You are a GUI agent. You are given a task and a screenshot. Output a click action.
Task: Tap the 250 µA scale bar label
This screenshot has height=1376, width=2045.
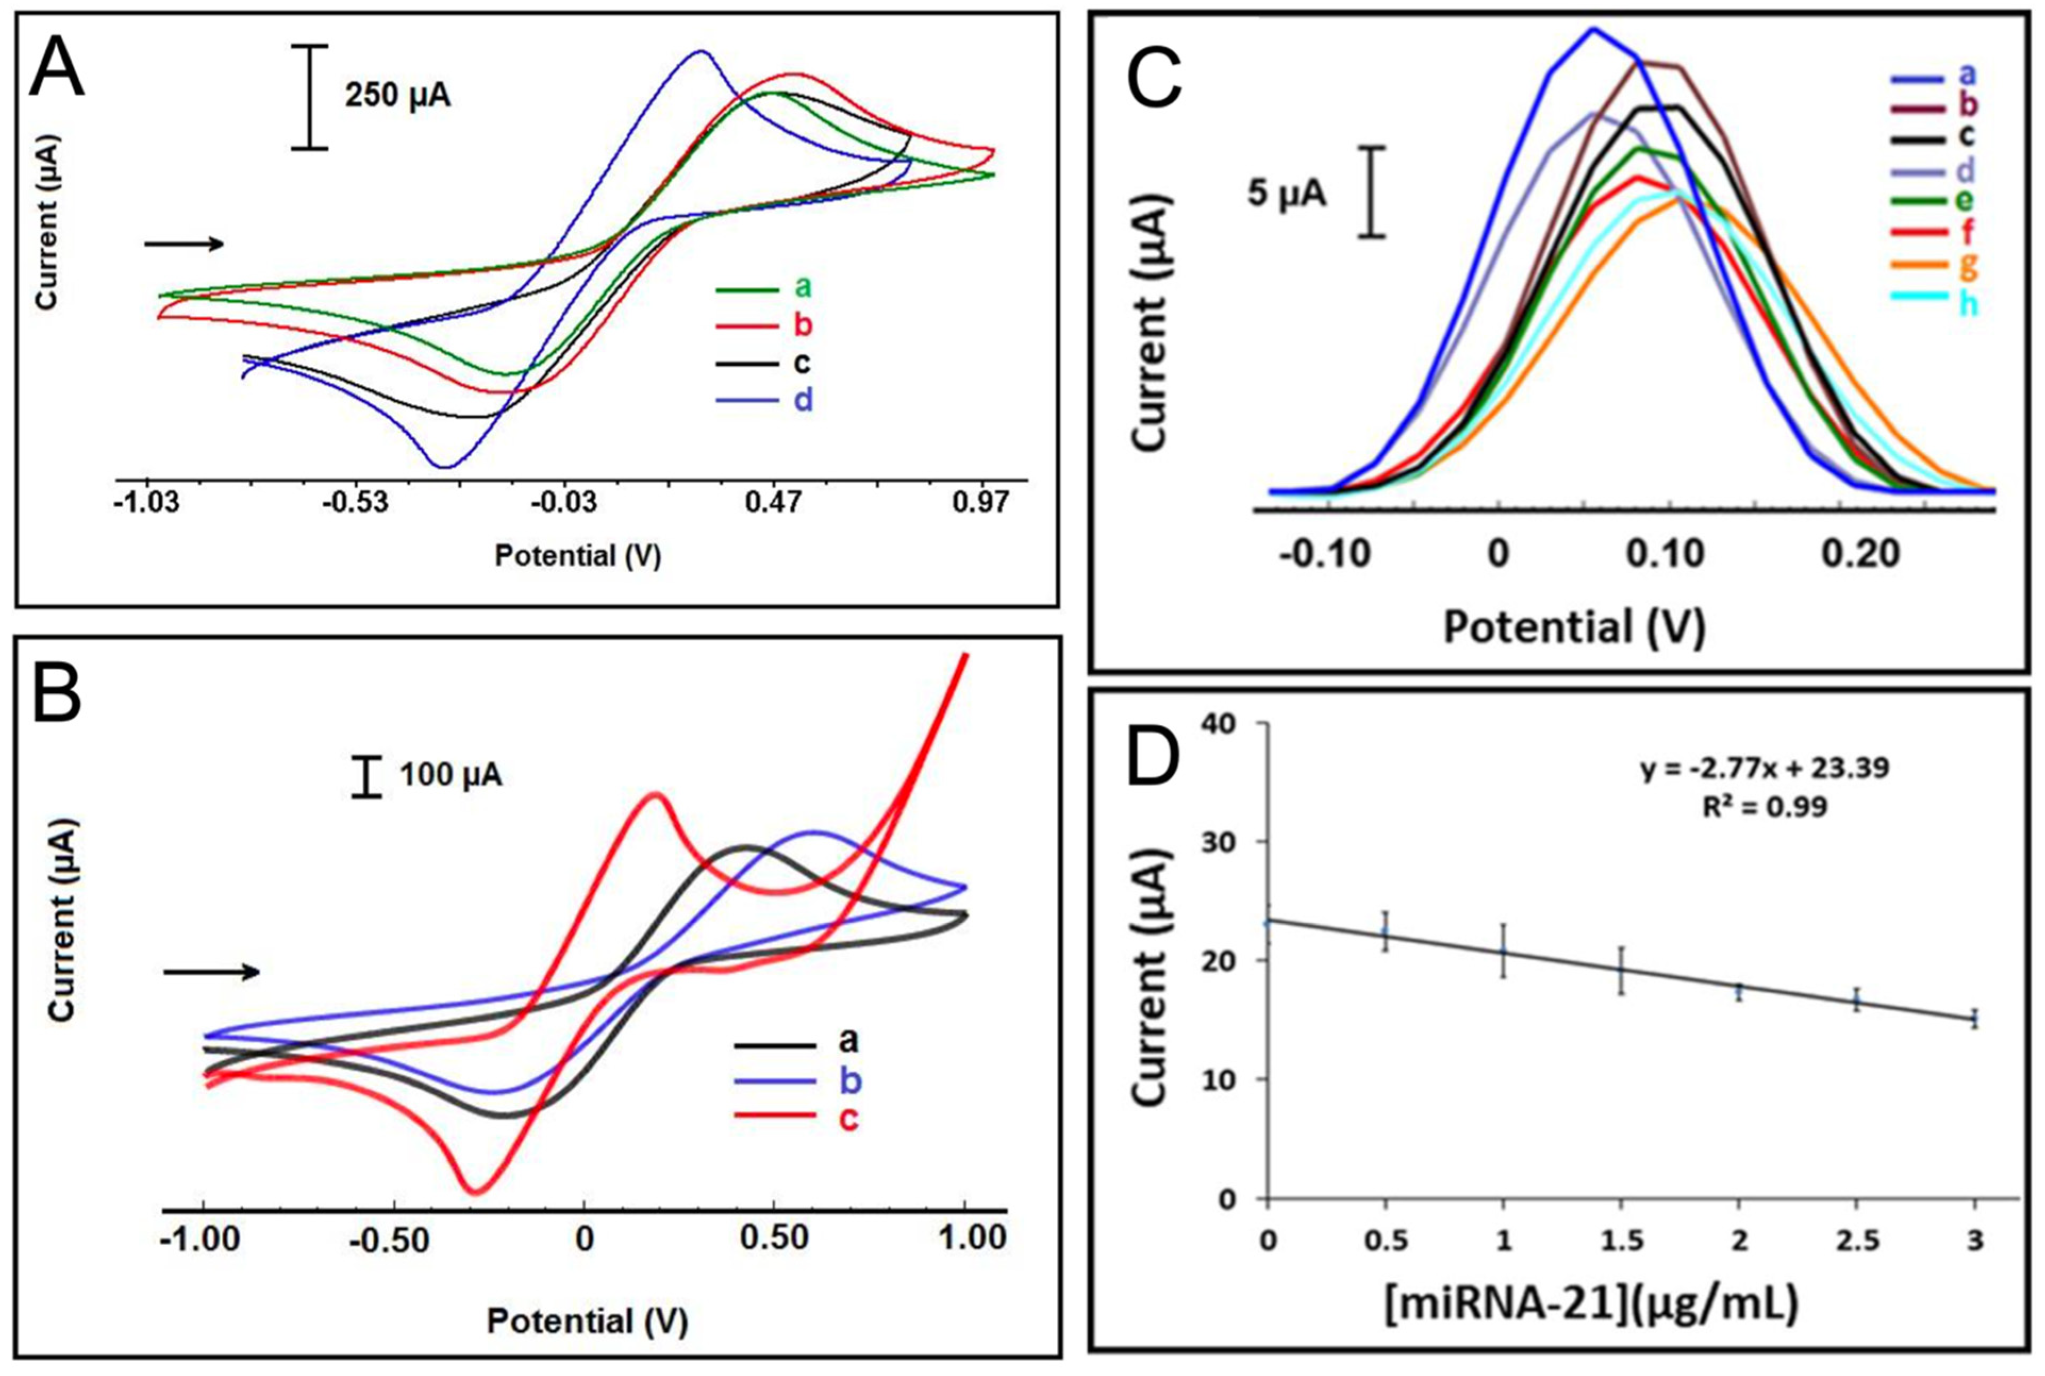(398, 95)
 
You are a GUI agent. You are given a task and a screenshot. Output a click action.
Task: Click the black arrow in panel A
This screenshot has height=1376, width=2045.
(185, 244)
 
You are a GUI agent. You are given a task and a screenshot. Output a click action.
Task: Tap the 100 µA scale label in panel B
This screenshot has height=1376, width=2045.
(450, 775)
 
